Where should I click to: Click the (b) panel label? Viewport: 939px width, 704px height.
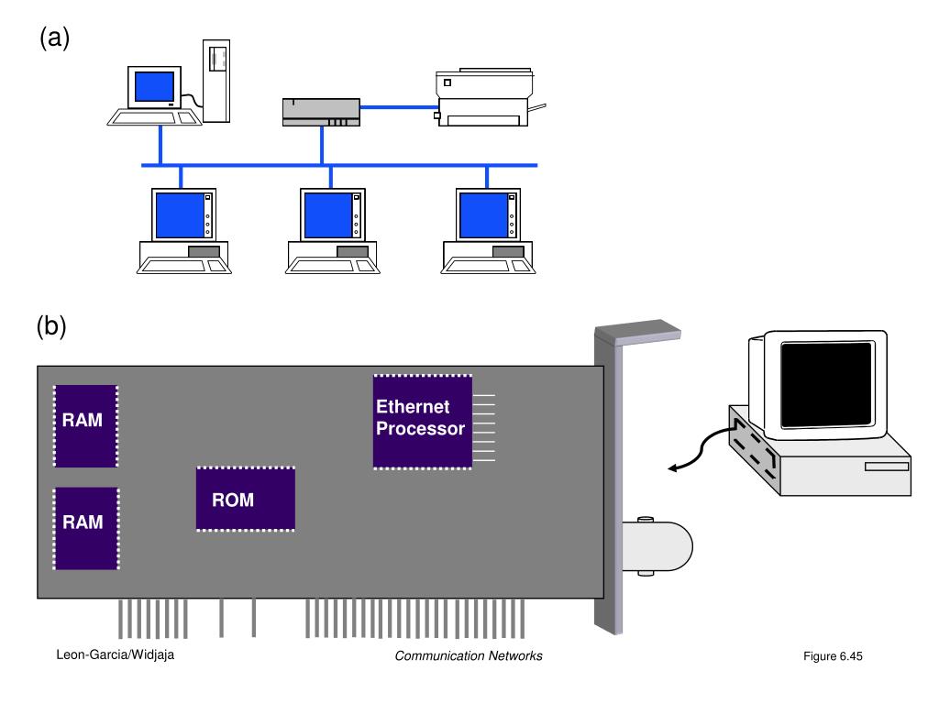coord(51,327)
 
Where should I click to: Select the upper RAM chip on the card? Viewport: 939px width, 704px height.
coord(85,424)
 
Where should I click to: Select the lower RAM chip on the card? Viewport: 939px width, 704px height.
coord(85,527)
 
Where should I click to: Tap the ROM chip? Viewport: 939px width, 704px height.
coord(245,499)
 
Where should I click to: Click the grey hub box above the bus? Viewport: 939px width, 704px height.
coord(321,112)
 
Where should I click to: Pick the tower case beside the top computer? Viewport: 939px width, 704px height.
coord(215,80)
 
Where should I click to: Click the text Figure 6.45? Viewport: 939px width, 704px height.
coord(833,656)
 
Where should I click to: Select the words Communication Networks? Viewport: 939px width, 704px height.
coord(469,655)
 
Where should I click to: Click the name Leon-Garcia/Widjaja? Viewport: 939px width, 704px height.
coord(115,655)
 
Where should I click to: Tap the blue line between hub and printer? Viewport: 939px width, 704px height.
coord(399,107)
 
